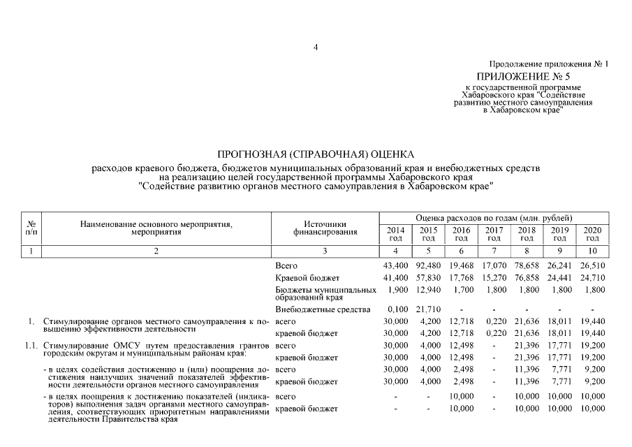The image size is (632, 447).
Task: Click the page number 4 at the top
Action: coord(316,47)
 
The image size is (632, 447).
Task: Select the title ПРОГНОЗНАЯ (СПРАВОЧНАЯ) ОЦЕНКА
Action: coord(316,154)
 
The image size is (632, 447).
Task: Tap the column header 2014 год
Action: coord(396,233)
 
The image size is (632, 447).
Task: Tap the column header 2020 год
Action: coord(592,233)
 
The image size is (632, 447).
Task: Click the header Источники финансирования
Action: coord(321,228)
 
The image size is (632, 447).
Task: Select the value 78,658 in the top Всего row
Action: coord(527,266)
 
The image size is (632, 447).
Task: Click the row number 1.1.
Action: coord(30,345)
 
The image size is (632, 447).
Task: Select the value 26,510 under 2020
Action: coord(592,266)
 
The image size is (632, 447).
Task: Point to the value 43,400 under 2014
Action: coord(396,266)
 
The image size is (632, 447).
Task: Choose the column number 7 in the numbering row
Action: coord(494,250)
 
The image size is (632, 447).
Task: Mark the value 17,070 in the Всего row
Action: coord(494,266)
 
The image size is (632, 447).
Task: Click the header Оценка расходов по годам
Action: coord(494,219)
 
